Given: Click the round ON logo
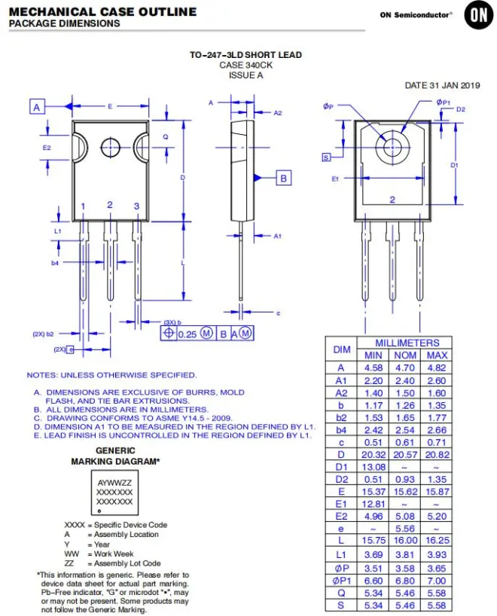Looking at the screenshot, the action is [x=478, y=15].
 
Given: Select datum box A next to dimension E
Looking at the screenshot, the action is [x=37, y=106].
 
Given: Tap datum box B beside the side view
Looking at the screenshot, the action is [x=284, y=178].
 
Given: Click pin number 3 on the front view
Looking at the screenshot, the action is [x=136, y=206].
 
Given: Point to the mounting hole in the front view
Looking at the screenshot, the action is [x=110, y=148].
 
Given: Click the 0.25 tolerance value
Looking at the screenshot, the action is [x=187, y=334].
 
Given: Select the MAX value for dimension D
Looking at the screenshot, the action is [x=437, y=455].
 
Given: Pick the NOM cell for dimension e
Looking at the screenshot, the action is [x=404, y=529].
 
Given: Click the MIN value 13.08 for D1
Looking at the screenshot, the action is [x=373, y=467].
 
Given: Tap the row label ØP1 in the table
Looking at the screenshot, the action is [x=341, y=581].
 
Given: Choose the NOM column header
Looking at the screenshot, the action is [x=405, y=355].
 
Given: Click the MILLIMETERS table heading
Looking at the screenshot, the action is [x=407, y=343].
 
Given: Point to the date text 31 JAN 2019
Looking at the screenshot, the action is [x=455, y=85].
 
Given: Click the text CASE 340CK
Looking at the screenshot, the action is [x=245, y=65].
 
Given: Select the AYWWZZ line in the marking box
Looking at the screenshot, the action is [x=114, y=483].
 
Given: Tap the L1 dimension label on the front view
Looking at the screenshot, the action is [x=58, y=231].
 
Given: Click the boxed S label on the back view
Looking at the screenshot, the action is [x=326, y=157].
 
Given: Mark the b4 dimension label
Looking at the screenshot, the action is [x=55, y=263].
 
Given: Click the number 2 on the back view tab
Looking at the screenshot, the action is [x=392, y=200].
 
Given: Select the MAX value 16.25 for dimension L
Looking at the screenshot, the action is [x=437, y=540].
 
